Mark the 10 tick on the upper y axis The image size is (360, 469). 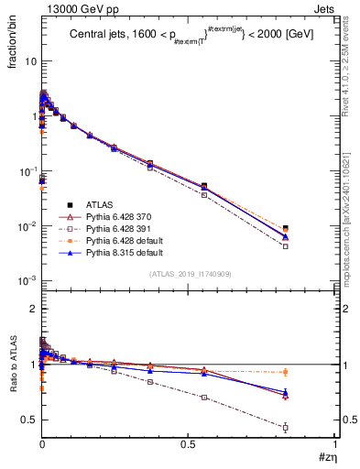[x=30, y=60]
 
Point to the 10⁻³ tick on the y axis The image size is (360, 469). [x=28, y=280]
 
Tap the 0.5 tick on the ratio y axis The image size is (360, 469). [x=30, y=420]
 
